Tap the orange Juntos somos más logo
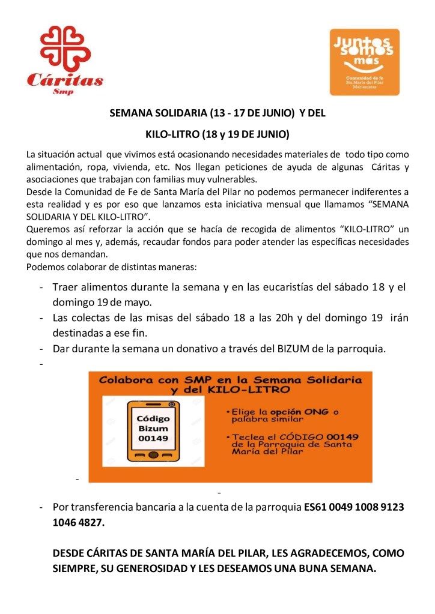(365, 62)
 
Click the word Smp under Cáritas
(64, 92)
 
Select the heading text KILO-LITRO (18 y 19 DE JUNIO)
(218, 133)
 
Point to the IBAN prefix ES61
(316, 507)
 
